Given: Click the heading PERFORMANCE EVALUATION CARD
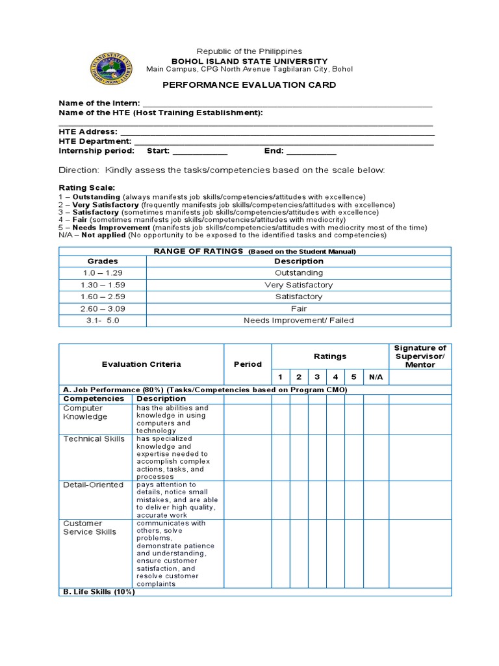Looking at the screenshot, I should (249, 85).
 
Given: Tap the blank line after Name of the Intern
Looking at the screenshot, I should (287, 103).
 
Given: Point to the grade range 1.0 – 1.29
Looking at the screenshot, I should (103, 273).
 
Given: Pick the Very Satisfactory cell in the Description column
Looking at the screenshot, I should (298, 285).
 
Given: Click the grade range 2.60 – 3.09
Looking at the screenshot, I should (103, 308).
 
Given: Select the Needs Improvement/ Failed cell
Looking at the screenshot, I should (298, 320).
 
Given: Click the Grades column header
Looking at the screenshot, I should (103, 261).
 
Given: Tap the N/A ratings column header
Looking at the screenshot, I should (376, 377).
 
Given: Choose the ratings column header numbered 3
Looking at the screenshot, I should (317, 377).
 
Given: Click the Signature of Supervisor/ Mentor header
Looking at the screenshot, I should (420, 356).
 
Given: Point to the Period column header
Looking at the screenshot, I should (248, 364).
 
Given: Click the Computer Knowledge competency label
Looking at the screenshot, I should (84, 412).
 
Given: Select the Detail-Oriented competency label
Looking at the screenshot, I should (93, 485).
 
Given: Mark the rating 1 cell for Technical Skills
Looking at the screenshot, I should (281, 458).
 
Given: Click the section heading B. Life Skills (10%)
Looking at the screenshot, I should (99, 592).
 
